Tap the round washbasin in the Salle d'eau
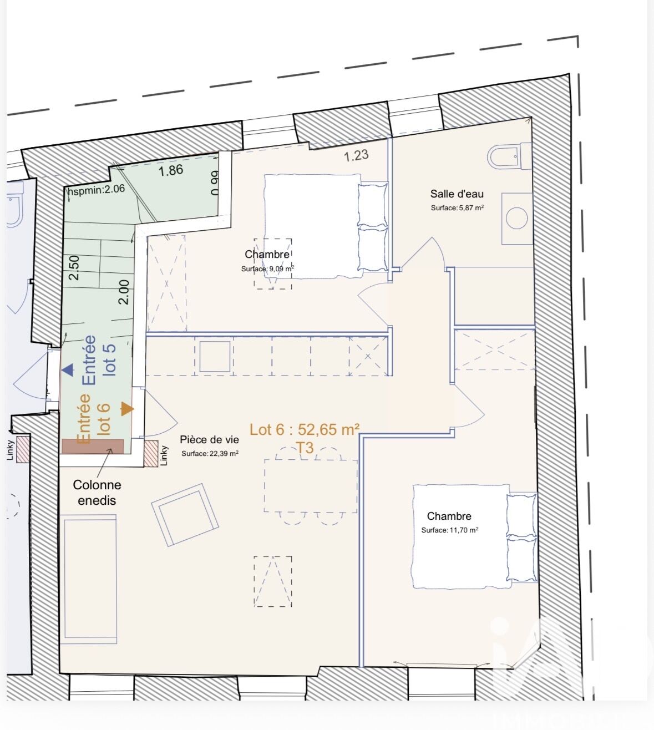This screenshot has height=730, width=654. point(517,218)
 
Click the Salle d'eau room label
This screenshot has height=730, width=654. point(457,194)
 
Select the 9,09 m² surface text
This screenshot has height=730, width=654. point(268,269)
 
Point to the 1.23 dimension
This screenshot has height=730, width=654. point(356,156)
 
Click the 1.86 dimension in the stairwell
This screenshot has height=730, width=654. point(171,170)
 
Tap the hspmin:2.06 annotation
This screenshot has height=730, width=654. point(96,190)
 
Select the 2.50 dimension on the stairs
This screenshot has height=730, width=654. point(74,268)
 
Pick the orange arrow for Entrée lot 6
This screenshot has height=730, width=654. point(127,409)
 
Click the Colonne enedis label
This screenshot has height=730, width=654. point(97,493)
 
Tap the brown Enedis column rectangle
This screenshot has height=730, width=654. point(93,447)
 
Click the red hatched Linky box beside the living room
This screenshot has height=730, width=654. point(151,453)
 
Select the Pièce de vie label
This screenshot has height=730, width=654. point(209,439)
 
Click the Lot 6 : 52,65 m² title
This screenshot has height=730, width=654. point(305,429)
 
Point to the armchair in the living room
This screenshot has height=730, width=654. point(185,514)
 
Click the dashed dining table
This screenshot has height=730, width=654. point(311,486)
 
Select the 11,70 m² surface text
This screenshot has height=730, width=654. point(450,530)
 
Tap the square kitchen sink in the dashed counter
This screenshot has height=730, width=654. point(215,356)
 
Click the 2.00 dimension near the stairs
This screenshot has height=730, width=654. point(124,292)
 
